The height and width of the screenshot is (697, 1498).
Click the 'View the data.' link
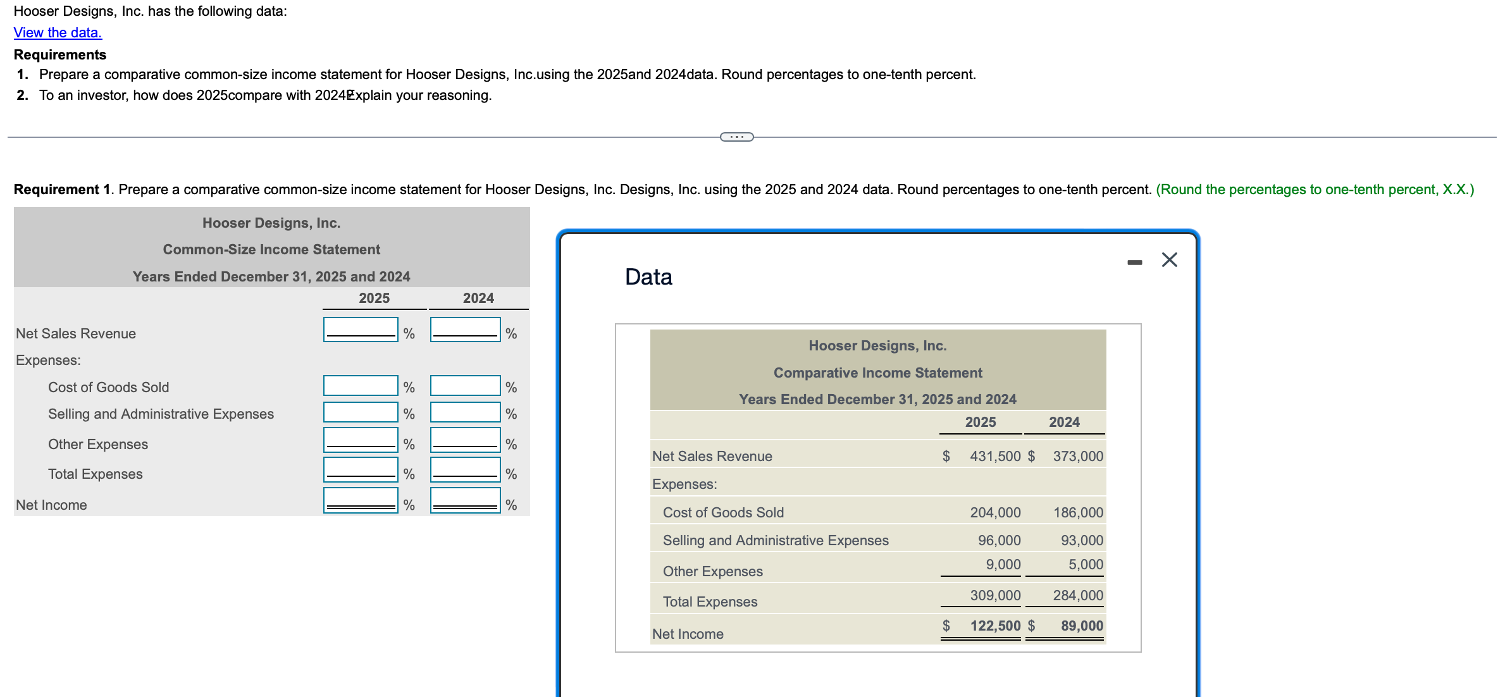(x=58, y=33)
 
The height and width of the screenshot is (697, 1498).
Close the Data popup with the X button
(x=1169, y=260)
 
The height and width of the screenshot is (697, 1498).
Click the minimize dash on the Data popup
(x=1134, y=262)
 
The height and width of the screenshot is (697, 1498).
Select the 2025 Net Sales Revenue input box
(x=361, y=330)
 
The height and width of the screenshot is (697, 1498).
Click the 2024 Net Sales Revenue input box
(x=465, y=330)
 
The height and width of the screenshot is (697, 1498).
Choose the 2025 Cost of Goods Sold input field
(x=361, y=386)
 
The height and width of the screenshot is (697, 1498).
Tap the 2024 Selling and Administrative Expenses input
(x=465, y=412)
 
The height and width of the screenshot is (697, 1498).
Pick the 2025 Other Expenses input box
(x=361, y=440)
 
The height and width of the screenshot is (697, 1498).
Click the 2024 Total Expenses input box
(x=465, y=470)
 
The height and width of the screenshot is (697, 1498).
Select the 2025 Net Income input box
(x=361, y=500)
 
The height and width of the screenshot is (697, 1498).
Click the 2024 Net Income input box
(x=465, y=500)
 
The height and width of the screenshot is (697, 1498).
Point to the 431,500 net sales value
(x=995, y=456)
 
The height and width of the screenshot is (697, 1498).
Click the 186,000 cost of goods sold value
(x=1078, y=512)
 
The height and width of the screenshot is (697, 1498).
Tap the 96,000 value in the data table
(x=999, y=540)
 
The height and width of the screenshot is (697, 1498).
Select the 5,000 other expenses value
(x=1086, y=564)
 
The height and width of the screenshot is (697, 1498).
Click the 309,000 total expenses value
(x=995, y=595)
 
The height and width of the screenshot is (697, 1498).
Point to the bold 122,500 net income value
(x=995, y=626)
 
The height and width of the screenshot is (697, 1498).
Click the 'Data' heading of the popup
(x=648, y=277)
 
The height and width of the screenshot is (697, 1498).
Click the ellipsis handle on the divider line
(x=737, y=137)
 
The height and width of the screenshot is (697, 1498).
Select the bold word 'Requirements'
(x=60, y=54)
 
